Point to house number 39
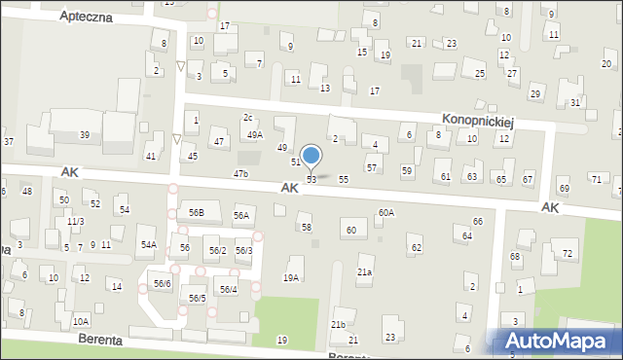pyautogui.click(x=85, y=134)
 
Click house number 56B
pyautogui.click(x=197, y=212)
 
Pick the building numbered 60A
pyautogui.click(x=386, y=212)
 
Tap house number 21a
pyautogui.click(x=364, y=272)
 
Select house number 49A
pyautogui.click(x=254, y=135)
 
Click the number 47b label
pyautogui.click(x=240, y=174)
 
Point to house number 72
pyautogui.click(x=568, y=253)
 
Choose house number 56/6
pyautogui.click(x=162, y=283)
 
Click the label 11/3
pyautogui.click(x=75, y=222)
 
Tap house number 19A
pyautogui.click(x=290, y=278)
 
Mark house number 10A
pyautogui.click(x=81, y=321)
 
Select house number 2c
pyautogui.click(x=248, y=117)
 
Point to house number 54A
pyautogui.click(x=148, y=245)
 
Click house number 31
pyautogui.click(x=575, y=102)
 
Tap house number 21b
pyautogui.click(x=338, y=324)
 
